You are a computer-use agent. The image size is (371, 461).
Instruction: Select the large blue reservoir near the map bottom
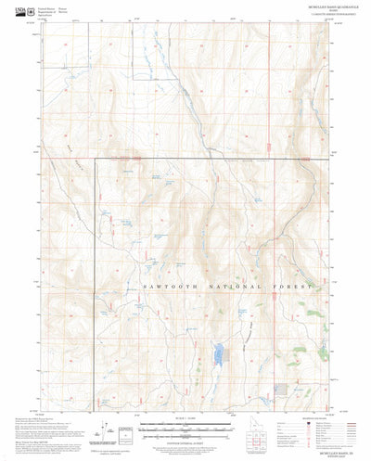[218, 354]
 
